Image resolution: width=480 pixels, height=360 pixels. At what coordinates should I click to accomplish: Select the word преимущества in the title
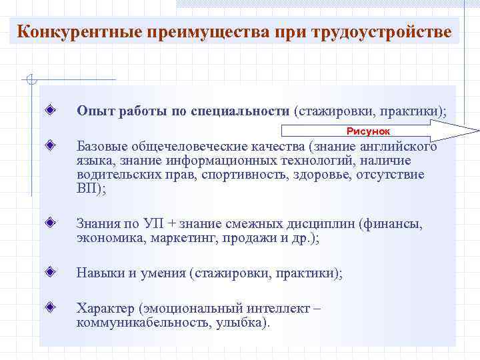tap(210, 31)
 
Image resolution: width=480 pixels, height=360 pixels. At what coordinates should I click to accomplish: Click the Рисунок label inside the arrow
tap(367, 131)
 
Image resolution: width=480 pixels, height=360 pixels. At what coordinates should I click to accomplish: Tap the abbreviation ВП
tap(88, 189)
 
